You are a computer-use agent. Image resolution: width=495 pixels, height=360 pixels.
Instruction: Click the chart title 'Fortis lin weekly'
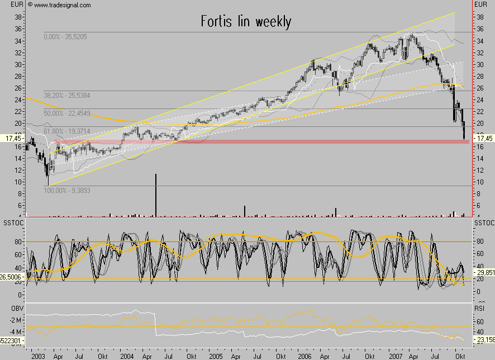click(x=246, y=22)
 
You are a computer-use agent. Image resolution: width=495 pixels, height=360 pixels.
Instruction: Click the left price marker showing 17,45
click(x=12, y=138)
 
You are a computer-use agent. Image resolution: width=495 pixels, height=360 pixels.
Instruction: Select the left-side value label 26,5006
click(x=12, y=276)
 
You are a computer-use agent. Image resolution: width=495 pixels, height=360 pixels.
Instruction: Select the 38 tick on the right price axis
click(x=479, y=17)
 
